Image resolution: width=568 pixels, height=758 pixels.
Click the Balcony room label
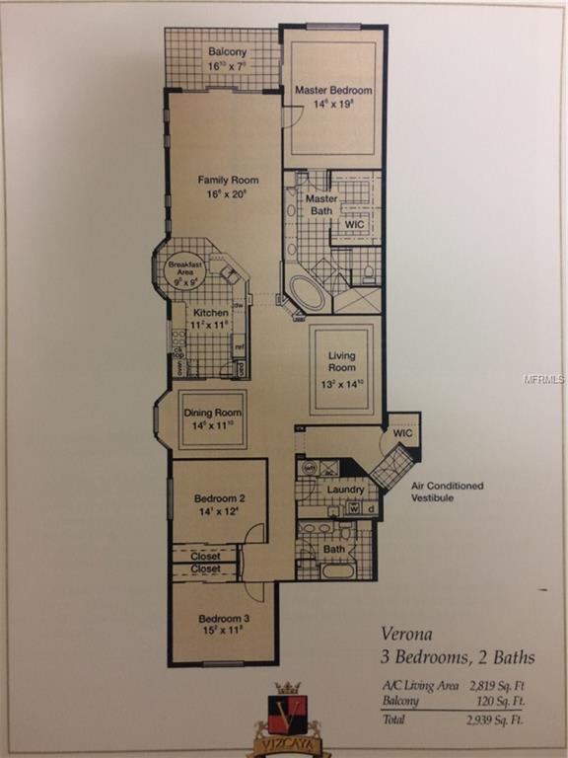click(228, 52)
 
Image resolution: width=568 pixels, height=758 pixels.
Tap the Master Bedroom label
click(331, 91)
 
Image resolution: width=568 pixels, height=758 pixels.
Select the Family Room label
click(228, 180)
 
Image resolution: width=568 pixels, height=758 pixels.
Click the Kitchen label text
click(210, 313)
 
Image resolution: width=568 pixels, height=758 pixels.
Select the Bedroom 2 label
click(219, 498)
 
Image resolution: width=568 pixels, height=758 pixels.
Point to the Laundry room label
click(345, 489)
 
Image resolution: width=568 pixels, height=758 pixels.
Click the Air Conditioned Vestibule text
click(448, 492)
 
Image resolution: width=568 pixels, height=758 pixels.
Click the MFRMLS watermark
click(544, 378)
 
